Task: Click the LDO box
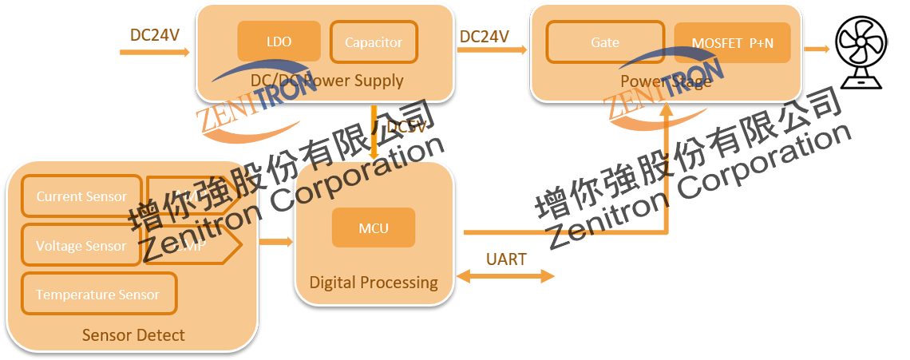pos(279,41)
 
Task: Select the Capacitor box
pos(373,42)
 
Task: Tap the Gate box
pos(604,42)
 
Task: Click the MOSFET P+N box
pos(732,43)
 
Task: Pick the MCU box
pos(374,227)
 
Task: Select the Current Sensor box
pos(81,196)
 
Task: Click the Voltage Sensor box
pos(81,246)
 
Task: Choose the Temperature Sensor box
pos(98,295)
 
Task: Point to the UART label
pos(506,259)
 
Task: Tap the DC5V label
pos(406,127)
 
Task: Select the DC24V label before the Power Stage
pos(484,36)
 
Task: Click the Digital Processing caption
pos(374,282)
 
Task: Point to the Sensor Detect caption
pos(133,334)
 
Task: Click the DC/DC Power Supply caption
pos(326,80)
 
